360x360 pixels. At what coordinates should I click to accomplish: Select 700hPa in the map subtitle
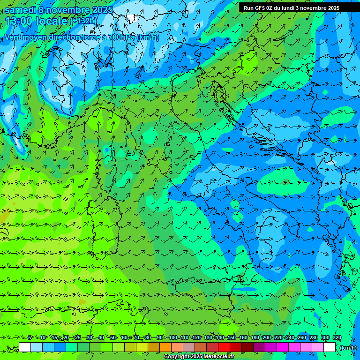click(x=120, y=37)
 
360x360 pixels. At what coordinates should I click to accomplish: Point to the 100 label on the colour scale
click(x=172, y=338)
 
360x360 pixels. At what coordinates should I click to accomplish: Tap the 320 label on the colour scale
click(x=337, y=338)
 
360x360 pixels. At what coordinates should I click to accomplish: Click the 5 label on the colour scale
click(x=30, y=338)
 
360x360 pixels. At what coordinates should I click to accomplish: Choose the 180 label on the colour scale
click(x=255, y=338)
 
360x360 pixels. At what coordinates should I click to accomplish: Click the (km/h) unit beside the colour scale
click(x=348, y=348)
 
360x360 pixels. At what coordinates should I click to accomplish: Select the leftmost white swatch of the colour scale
click(x=25, y=347)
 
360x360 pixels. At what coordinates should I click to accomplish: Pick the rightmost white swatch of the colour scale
click(x=330, y=347)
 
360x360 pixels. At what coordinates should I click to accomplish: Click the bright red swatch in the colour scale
click(x=224, y=347)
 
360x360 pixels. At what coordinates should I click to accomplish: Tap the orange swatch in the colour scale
click(x=165, y=347)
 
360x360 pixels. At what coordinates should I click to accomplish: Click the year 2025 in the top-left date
click(x=102, y=10)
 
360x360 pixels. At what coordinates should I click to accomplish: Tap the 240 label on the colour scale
click(x=290, y=338)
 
